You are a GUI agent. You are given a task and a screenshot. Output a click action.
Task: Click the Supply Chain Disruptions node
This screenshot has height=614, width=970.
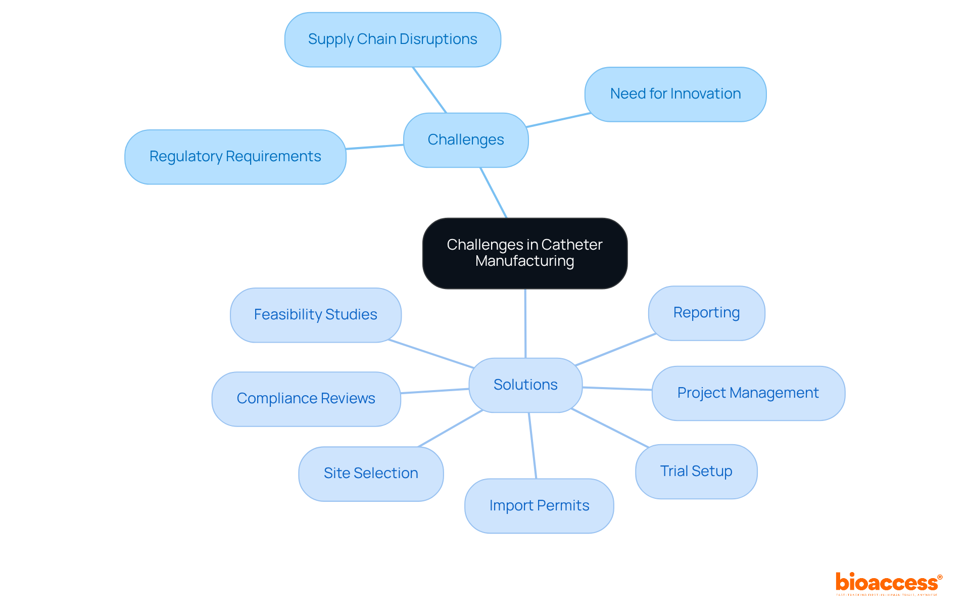(393, 39)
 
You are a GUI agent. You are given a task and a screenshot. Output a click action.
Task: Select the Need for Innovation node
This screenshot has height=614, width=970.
(675, 94)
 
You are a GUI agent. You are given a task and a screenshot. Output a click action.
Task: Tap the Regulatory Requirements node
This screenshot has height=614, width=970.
(235, 157)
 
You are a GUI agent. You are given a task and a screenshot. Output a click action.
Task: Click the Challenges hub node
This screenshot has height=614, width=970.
(465, 140)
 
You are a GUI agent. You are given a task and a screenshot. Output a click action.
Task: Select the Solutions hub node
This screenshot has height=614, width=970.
(525, 385)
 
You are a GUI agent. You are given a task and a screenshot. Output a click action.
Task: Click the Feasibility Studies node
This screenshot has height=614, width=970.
(315, 315)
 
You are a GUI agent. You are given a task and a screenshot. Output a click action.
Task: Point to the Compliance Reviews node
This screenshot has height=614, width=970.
(306, 399)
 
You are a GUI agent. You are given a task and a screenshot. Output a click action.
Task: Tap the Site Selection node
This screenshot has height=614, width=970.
(370, 474)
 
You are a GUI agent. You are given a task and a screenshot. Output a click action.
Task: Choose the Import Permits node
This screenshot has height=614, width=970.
(539, 506)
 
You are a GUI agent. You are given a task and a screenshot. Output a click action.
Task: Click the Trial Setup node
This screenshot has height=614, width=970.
(696, 471)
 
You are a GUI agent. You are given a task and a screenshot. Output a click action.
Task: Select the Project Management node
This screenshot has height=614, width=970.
(748, 393)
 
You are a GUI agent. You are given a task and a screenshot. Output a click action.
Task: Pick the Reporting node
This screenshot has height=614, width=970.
(706, 313)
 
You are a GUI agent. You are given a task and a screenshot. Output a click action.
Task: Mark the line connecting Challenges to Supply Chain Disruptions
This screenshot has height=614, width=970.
(429, 89)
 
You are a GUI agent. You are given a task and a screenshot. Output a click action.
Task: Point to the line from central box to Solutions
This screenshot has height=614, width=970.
(525, 323)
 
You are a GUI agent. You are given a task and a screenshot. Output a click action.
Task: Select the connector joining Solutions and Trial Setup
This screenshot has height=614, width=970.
(610, 428)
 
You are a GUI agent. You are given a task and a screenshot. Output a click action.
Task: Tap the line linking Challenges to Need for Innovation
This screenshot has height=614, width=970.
(558, 120)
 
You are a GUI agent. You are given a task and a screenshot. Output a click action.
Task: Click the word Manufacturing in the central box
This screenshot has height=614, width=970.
(524, 261)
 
